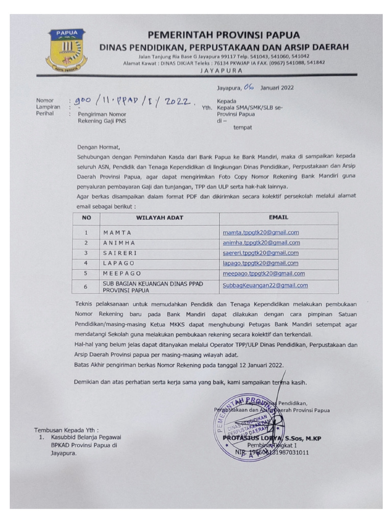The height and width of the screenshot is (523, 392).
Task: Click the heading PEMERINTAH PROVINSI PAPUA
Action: pos(224,35)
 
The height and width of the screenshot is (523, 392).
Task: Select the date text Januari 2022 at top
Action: pos(277,88)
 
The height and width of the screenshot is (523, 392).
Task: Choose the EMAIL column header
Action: pos(278,218)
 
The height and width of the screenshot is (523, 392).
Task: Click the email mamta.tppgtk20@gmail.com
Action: pos(260,232)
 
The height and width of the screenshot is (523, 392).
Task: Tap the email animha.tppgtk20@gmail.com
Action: pos(261,243)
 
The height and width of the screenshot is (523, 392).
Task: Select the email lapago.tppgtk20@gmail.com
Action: pos(260,263)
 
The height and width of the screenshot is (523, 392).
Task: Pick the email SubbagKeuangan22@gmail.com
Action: pos(265,286)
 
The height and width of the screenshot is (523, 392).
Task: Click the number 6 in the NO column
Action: pos(86,287)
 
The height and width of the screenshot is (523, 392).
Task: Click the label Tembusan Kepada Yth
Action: pos(66,430)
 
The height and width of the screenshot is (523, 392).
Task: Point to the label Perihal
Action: pos(45,113)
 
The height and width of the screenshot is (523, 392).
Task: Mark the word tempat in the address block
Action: pos(242,128)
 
